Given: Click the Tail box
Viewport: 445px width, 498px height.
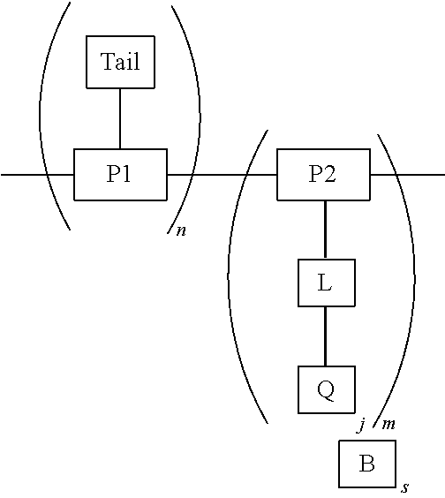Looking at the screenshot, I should [x=120, y=63].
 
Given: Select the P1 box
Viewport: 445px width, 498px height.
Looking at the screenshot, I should [x=120, y=175].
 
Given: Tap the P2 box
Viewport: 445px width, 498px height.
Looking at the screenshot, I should [x=323, y=175].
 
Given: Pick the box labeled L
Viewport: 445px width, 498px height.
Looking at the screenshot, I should [x=326, y=283].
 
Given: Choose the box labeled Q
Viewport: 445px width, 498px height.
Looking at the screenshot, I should [x=326, y=389].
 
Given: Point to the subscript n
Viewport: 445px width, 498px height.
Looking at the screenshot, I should [x=181, y=232].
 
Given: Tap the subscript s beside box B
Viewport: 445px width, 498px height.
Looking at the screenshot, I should [x=405, y=487].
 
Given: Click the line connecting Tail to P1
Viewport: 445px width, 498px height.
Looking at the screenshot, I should [x=120, y=118].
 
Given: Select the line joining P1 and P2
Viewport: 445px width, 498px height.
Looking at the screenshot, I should [x=221, y=175].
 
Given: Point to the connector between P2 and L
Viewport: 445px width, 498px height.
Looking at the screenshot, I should [x=326, y=230].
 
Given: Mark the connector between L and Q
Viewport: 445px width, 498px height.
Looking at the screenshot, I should [x=326, y=336].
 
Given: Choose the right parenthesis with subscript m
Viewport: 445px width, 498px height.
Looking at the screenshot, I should [x=411, y=274].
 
